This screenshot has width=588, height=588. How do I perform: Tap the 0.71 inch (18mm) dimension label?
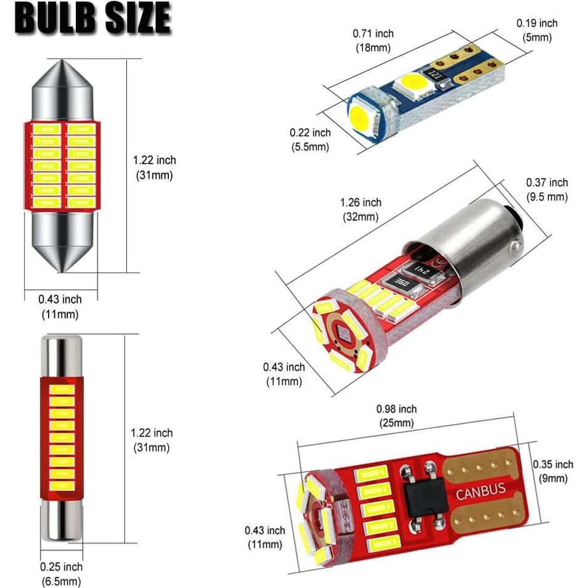point(373,40)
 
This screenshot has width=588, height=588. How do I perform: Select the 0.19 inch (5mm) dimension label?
point(536,30)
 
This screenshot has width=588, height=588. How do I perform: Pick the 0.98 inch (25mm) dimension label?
point(396,416)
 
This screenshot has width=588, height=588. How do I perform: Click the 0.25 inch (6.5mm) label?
point(61,574)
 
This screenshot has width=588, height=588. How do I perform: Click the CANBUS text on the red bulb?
point(480,492)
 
